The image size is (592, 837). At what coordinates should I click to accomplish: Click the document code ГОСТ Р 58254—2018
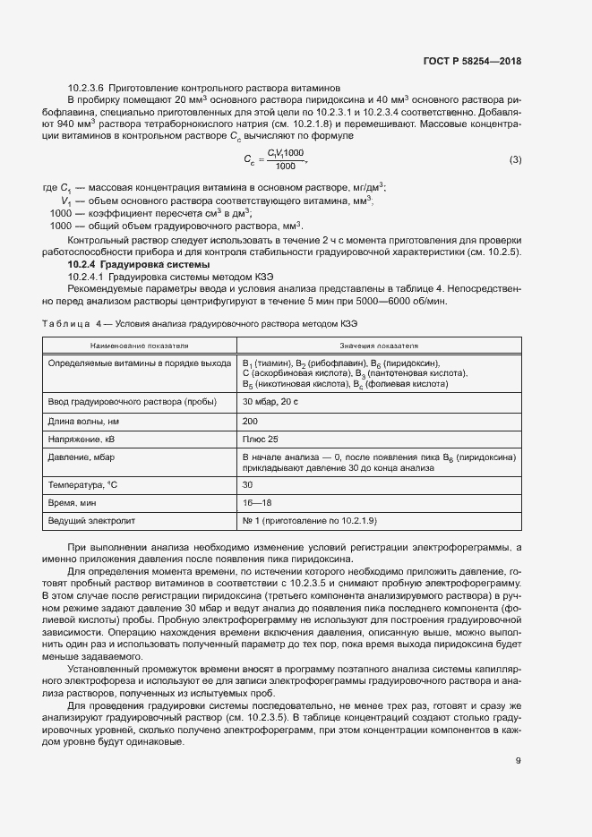[x=472, y=63]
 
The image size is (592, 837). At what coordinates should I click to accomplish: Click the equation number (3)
[x=514, y=160]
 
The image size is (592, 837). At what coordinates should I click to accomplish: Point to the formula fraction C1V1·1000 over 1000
[x=285, y=160]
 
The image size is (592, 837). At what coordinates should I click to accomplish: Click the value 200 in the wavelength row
[x=250, y=420]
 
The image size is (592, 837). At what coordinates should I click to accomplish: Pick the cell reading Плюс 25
[x=261, y=439]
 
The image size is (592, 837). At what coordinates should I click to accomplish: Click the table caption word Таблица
[x=64, y=322]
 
